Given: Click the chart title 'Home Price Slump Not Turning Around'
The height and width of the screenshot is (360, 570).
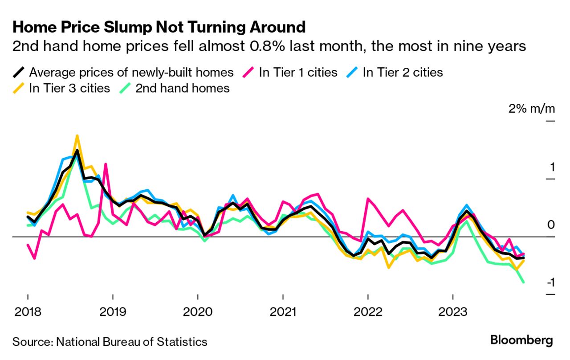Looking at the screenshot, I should pyautogui.click(x=159, y=28).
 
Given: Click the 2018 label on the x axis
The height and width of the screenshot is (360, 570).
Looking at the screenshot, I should pyautogui.click(x=28, y=311).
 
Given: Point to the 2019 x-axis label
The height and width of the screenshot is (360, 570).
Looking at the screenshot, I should pyautogui.click(x=113, y=311).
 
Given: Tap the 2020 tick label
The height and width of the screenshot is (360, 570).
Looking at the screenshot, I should pyautogui.click(x=198, y=311).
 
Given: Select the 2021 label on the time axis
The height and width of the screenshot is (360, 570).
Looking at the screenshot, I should pyautogui.click(x=283, y=311).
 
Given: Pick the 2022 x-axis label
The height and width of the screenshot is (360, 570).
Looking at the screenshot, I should pyautogui.click(x=368, y=311).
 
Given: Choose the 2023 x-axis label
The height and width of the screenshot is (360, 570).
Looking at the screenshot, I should pyautogui.click(x=453, y=311).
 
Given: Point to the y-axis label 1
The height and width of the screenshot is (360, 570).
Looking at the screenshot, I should pyautogui.click(x=552, y=168).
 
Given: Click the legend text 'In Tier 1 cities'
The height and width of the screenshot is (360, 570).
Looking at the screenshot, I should pyautogui.click(x=298, y=72).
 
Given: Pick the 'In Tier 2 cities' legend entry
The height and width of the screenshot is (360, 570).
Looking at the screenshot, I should pyautogui.click(x=403, y=72).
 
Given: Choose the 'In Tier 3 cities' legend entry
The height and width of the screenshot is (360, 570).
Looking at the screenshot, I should pyautogui.click(x=69, y=88).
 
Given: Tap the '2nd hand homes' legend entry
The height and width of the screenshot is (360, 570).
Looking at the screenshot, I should pyautogui.click(x=183, y=88).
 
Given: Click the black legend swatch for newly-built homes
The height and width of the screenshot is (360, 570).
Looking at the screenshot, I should pyautogui.click(x=19, y=72).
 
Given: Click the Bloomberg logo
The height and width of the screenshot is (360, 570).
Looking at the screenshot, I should pyautogui.click(x=521, y=340).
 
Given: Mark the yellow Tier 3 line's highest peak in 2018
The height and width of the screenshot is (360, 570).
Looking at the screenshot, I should pyautogui.click(x=77, y=135).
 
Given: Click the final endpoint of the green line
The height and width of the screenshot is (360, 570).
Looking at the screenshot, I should pyautogui.click(x=523, y=282).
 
